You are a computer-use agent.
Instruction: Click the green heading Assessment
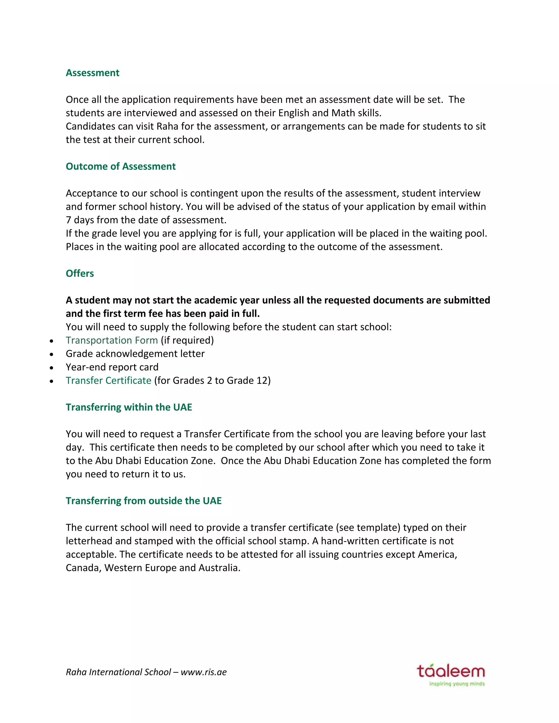(93, 73)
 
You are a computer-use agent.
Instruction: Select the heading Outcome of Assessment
(121, 166)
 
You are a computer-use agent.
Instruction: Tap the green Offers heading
(80, 273)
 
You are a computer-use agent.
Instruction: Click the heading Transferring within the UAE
(129, 407)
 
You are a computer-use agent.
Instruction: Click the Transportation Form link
(112, 340)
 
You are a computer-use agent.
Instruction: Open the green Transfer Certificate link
(108, 381)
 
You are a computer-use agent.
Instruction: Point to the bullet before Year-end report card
(51, 368)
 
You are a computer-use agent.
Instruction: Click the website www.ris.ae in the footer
(204, 672)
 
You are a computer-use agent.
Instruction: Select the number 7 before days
(68, 220)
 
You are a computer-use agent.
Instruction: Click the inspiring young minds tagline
(457, 684)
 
